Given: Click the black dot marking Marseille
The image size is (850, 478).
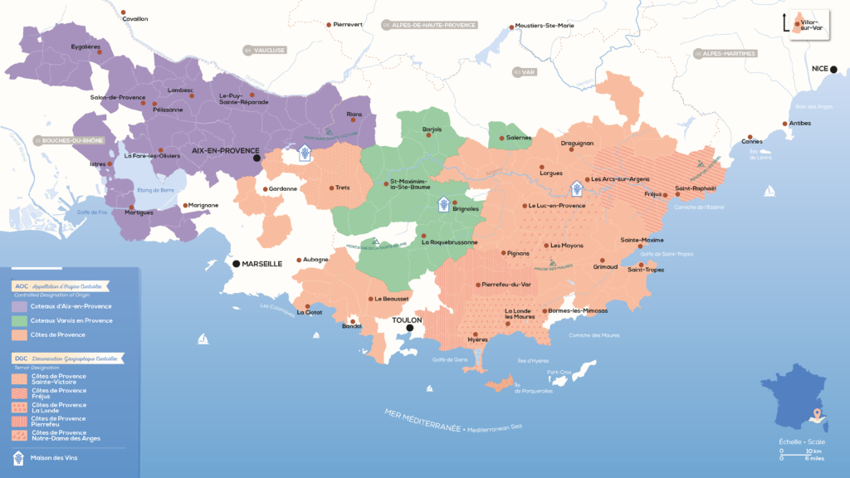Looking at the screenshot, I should [237, 264].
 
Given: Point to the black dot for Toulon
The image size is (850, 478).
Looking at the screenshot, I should [409, 328].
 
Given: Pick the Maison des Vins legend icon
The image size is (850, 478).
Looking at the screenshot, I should [18, 457].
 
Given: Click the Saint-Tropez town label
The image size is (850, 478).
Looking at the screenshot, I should [647, 269].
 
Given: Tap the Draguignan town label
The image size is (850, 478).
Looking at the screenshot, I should [577, 143].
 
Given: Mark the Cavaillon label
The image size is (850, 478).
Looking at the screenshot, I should [134, 18].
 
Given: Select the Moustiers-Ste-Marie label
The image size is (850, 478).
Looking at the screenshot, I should [545, 26].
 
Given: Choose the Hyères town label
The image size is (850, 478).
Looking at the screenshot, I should [478, 340].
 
